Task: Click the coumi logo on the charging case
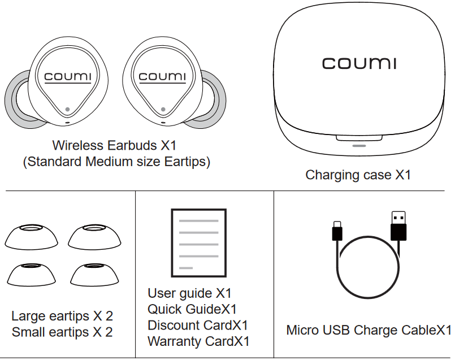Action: [x=359, y=63]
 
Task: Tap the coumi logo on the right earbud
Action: [x=162, y=76]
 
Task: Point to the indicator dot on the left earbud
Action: [x=68, y=110]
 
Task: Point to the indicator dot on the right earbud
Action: [x=163, y=110]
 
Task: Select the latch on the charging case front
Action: [x=358, y=139]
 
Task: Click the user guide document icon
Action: [x=198, y=242]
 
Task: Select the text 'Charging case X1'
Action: [x=358, y=175]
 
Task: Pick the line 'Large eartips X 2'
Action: [x=62, y=316]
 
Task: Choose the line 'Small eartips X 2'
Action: [x=62, y=332]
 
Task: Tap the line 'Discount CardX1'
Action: [x=197, y=326]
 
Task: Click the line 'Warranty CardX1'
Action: [x=198, y=341]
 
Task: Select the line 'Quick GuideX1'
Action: [x=192, y=309]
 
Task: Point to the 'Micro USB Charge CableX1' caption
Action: [x=369, y=330]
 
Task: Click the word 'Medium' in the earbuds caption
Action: [x=111, y=162]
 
